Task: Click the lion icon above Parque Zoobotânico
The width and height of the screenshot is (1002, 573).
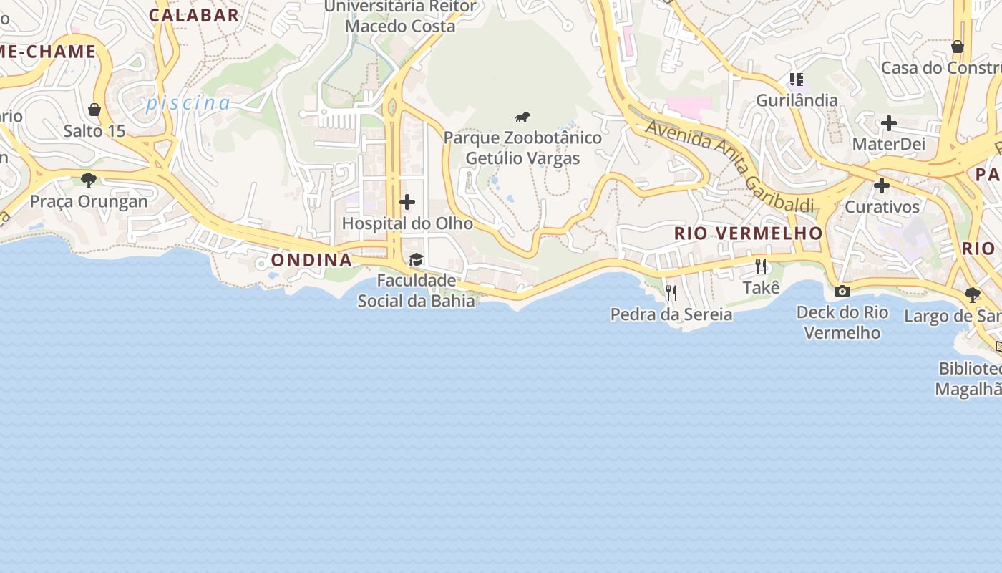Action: [x=522, y=117]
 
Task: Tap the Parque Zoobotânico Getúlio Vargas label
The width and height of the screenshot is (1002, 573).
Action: [x=522, y=148]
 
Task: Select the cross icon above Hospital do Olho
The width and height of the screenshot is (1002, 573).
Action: [x=407, y=202]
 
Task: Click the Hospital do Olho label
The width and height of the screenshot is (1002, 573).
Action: [x=407, y=223]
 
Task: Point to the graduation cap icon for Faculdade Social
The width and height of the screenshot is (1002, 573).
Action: [x=416, y=259]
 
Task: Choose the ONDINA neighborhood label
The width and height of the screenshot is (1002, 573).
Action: [x=311, y=260]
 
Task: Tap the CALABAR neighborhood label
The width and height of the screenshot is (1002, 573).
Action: [x=194, y=15]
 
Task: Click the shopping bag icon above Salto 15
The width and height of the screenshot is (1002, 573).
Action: [x=94, y=110]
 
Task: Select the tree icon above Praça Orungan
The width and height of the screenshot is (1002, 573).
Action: [x=89, y=180]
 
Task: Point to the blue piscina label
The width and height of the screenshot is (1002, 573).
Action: [x=188, y=104]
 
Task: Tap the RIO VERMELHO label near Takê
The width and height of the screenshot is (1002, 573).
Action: [x=749, y=233]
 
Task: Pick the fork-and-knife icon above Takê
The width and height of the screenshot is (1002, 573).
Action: [x=761, y=266]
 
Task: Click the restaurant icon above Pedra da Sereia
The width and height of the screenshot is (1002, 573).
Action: [x=671, y=292]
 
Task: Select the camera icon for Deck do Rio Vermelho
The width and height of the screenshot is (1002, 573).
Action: [x=842, y=291]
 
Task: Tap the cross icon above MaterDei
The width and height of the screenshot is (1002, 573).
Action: [x=889, y=123]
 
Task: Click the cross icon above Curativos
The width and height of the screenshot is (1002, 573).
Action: [x=882, y=186]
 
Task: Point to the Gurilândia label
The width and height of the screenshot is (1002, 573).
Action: [x=797, y=100]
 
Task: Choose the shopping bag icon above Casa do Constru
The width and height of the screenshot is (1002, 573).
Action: [x=958, y=47]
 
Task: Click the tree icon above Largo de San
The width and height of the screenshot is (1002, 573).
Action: [x=972, y=294]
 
